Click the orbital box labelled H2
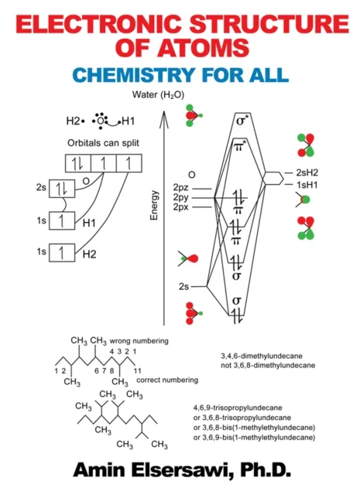tap(60, 253)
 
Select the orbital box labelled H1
tap(60, 221)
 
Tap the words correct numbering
tap(166, 380)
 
